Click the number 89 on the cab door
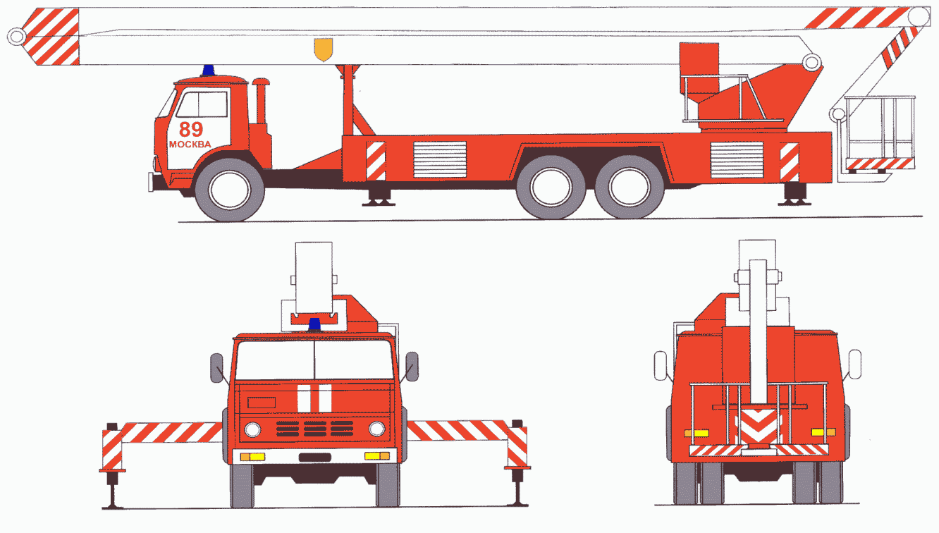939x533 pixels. (191, 129)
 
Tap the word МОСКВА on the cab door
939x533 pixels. (190, 145)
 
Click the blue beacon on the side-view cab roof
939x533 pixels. (209, 70)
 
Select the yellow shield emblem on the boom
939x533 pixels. (323, 49)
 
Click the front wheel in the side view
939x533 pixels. (229, 190)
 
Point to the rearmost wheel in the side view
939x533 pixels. (629, 187)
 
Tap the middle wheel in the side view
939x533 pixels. (551, 187)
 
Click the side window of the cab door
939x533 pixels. (202, 104)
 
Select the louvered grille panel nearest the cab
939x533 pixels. (440, 159)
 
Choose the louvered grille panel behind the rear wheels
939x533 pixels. (737, 160)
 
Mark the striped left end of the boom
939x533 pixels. (51, 37)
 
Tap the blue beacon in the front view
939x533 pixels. (314, 324)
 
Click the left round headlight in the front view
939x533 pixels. (252, 430)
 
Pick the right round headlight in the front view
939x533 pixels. (376, 429)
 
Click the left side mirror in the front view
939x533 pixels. (216, 368)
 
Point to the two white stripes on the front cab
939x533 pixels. (314, 398)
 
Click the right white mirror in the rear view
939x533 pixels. (854, 364)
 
